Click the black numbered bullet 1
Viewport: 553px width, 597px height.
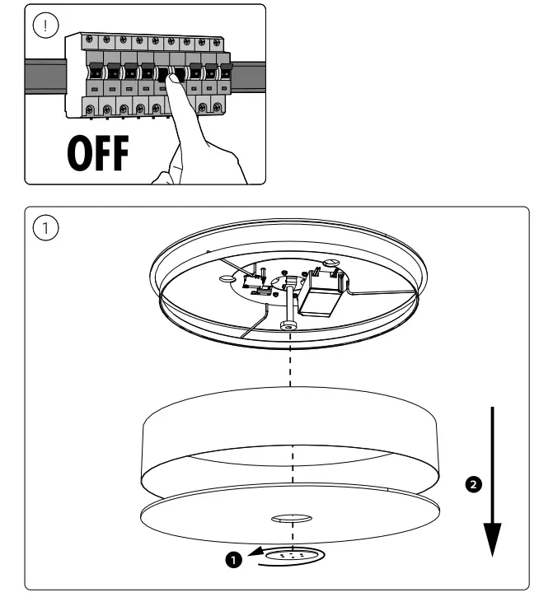tap(234, 560)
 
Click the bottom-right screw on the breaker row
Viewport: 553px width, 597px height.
tap(217, 107)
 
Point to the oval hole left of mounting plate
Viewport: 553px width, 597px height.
tap(227, 280)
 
